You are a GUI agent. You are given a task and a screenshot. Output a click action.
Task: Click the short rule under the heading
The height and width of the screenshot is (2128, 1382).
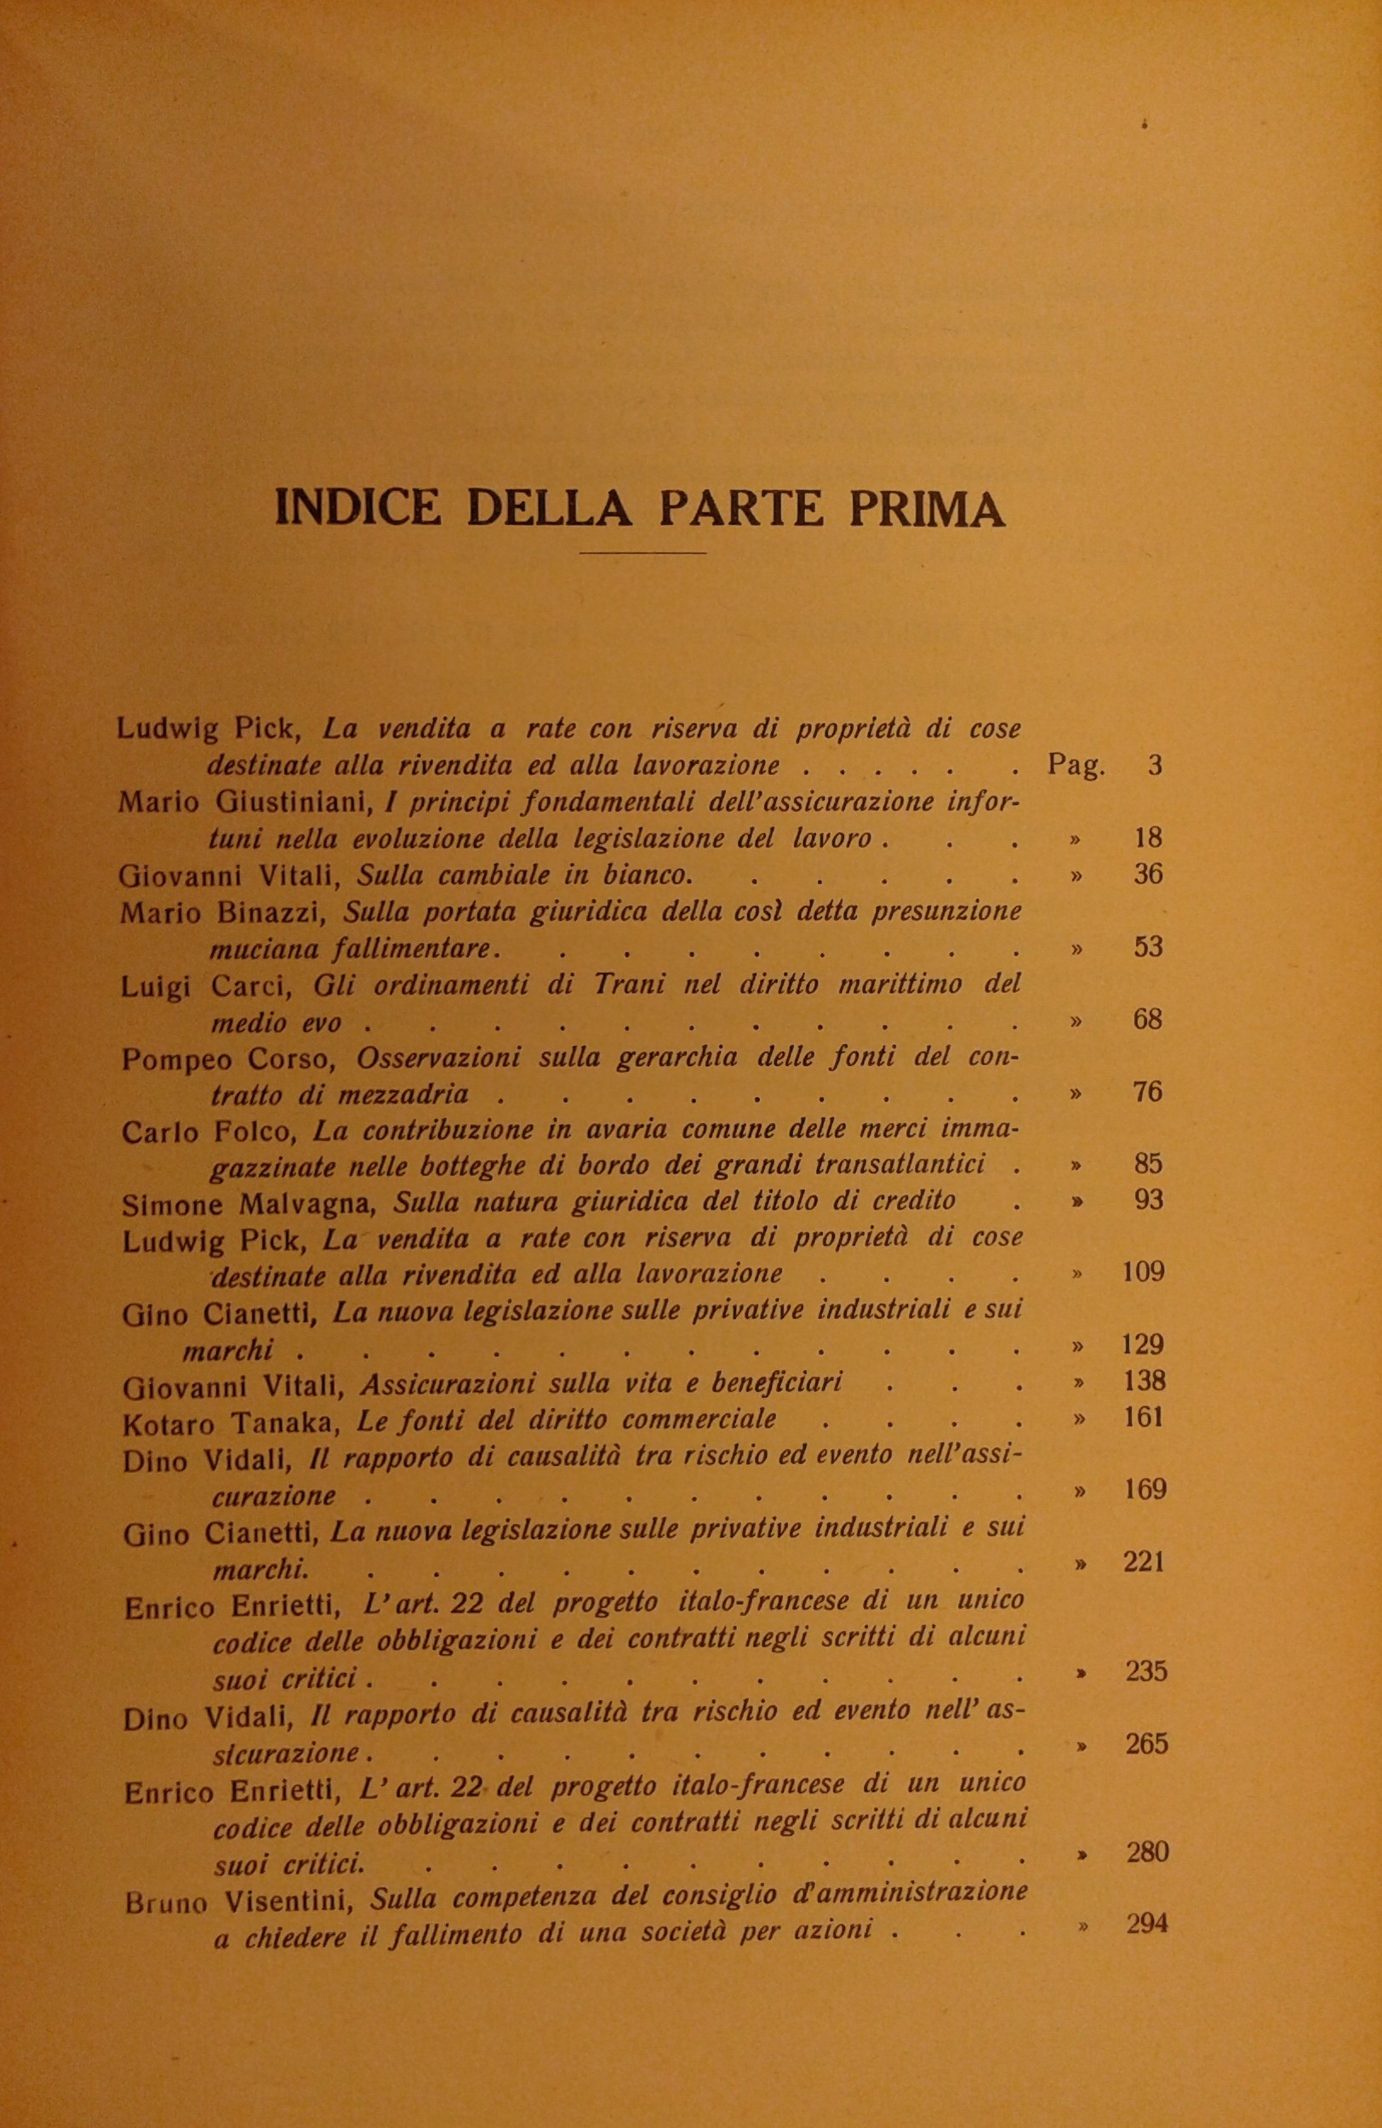click(x=642, y=553)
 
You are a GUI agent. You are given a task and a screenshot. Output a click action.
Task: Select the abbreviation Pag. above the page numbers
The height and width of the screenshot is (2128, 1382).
click(x=1075, y=766)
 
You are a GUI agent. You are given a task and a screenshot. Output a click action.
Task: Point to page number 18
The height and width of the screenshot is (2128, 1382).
click(x=1147, y=839)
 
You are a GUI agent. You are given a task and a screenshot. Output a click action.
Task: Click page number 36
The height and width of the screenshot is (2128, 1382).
click(x=1147, y=875)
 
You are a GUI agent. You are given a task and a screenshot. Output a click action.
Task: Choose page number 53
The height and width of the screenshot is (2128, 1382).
click(x=1147, y=947)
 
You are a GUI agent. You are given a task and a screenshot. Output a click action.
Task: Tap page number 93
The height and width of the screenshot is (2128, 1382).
click(x=1148, y=1200)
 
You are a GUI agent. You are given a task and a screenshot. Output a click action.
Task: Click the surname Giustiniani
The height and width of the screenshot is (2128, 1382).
click(x=294, y=802)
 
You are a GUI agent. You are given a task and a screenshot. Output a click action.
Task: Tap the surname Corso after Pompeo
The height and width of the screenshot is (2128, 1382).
click(x=300, y=1058)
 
